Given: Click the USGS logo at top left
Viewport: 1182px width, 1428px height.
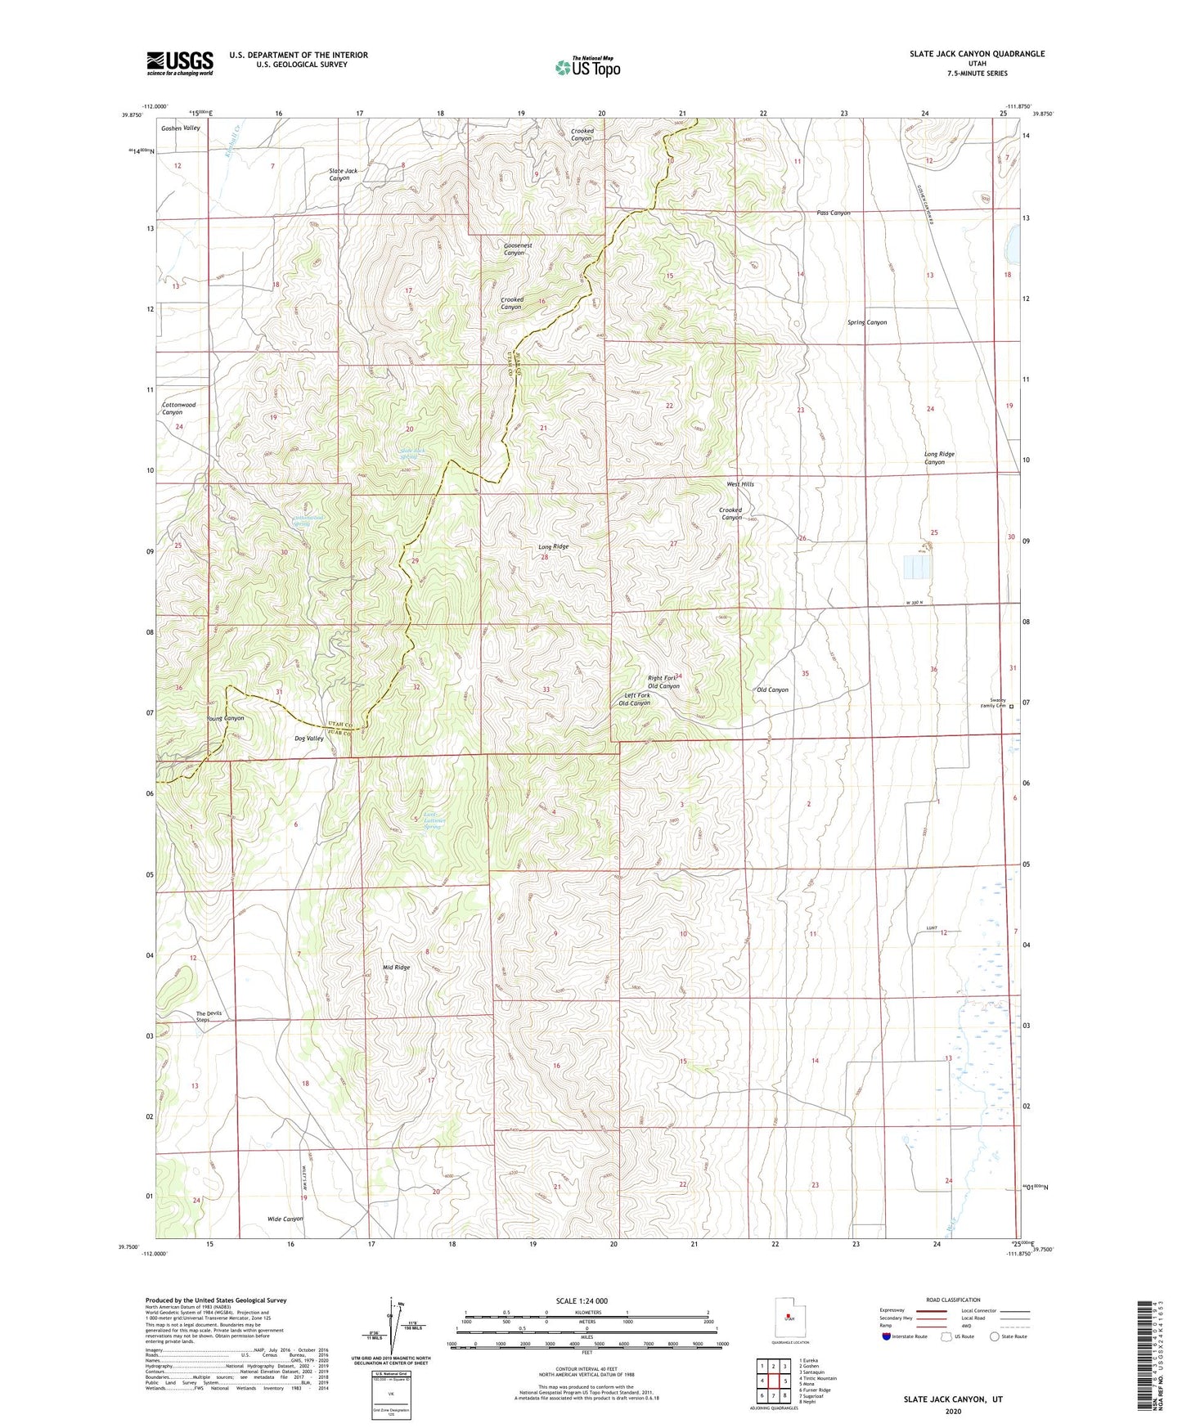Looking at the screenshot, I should pos(179,63).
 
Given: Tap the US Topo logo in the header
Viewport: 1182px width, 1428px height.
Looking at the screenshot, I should pos(587,67).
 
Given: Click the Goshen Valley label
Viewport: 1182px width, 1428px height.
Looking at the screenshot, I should pos(180,128).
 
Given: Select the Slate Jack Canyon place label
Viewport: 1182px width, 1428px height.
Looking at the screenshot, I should pos(344,174).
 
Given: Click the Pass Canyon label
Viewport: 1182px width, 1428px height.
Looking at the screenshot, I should pos(833,213).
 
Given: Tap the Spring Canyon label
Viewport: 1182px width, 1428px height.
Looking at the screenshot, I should pos(866,322).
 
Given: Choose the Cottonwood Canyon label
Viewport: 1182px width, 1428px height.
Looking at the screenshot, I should pos(178,408).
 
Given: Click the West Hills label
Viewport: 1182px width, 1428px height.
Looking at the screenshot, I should pos(740,484).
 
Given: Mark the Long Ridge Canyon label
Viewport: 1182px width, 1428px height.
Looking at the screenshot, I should pos(939,458).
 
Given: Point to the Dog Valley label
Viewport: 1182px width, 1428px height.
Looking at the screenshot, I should pos(309,738).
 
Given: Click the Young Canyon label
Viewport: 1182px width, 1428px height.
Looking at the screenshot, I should pos(225,718).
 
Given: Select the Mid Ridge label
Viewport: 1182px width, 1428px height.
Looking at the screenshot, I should pos(396,968).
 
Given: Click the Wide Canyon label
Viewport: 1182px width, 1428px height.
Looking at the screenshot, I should pos(285,1219).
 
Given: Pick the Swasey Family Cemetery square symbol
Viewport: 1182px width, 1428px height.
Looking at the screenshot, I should pos(1011,706).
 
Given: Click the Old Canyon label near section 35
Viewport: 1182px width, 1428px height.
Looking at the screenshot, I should pos(772,689).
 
